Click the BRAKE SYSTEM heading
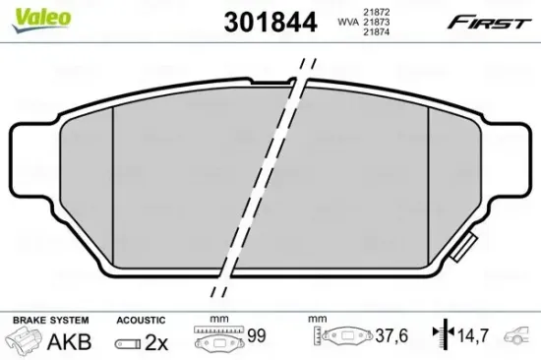pyautogui.click(x=48, y=320)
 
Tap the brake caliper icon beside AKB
pyautogui.click(x=28, y=340)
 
